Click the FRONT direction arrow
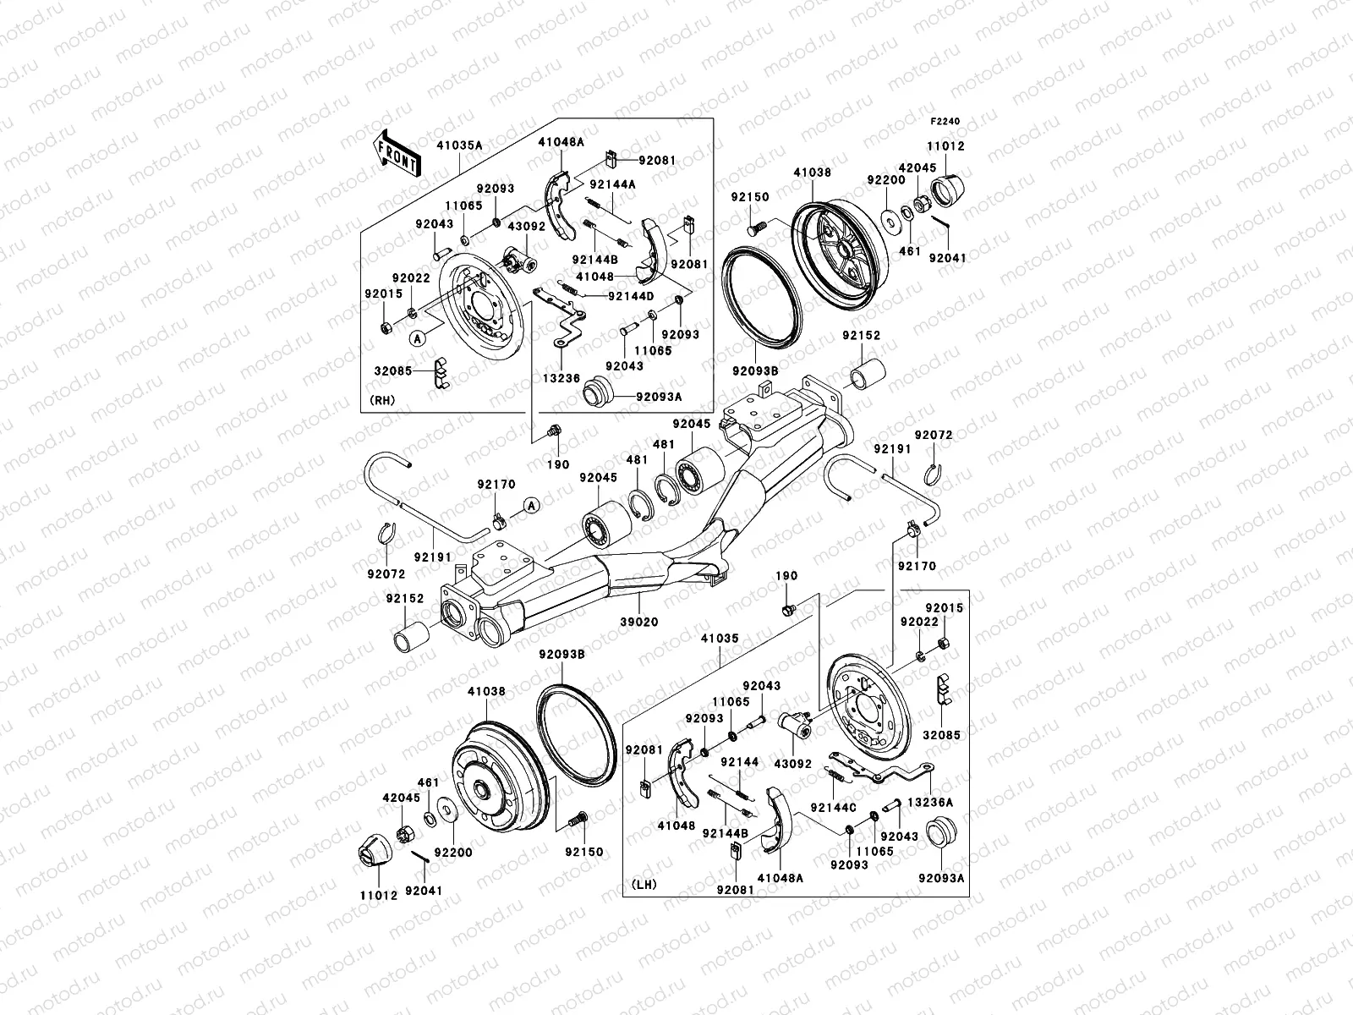pyautogui.click(x=397, y=152)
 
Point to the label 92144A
pyautogui.click(x=613, y=184)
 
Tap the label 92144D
pyautogui.click(x=631, y=296)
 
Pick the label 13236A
pyautogui.click(x=930, y=801)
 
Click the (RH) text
pyautogui.click(x=385, y=400)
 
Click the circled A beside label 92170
pyautogui.click(x=531, y=506)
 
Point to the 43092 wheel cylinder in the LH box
pyautogui.click(x=794, y=723)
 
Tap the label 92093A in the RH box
pyautogui.click(x=660, y=395)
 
